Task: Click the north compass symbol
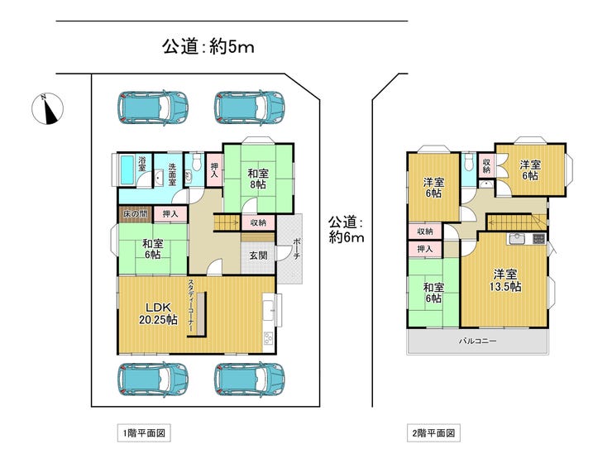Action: coord(47,109)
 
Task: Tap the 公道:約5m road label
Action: coord(208,47)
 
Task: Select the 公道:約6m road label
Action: coord(347,230)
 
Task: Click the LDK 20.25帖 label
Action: coord(158,313)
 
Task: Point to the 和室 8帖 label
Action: coord(258,179)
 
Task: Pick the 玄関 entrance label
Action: coord(258,255)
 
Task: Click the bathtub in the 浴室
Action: coord(128,170)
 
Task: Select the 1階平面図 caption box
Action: coord(144,433)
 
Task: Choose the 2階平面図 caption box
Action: coord(433,433)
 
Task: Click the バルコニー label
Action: coord(477,341)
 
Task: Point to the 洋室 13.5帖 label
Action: coord(505,280)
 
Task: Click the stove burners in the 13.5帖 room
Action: coord(538,238)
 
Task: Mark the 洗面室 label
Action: coord(172,174)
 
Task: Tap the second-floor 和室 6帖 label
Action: coord(433,293)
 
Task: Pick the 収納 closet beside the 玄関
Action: coord(258,222)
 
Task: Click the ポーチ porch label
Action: coord(297,249)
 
